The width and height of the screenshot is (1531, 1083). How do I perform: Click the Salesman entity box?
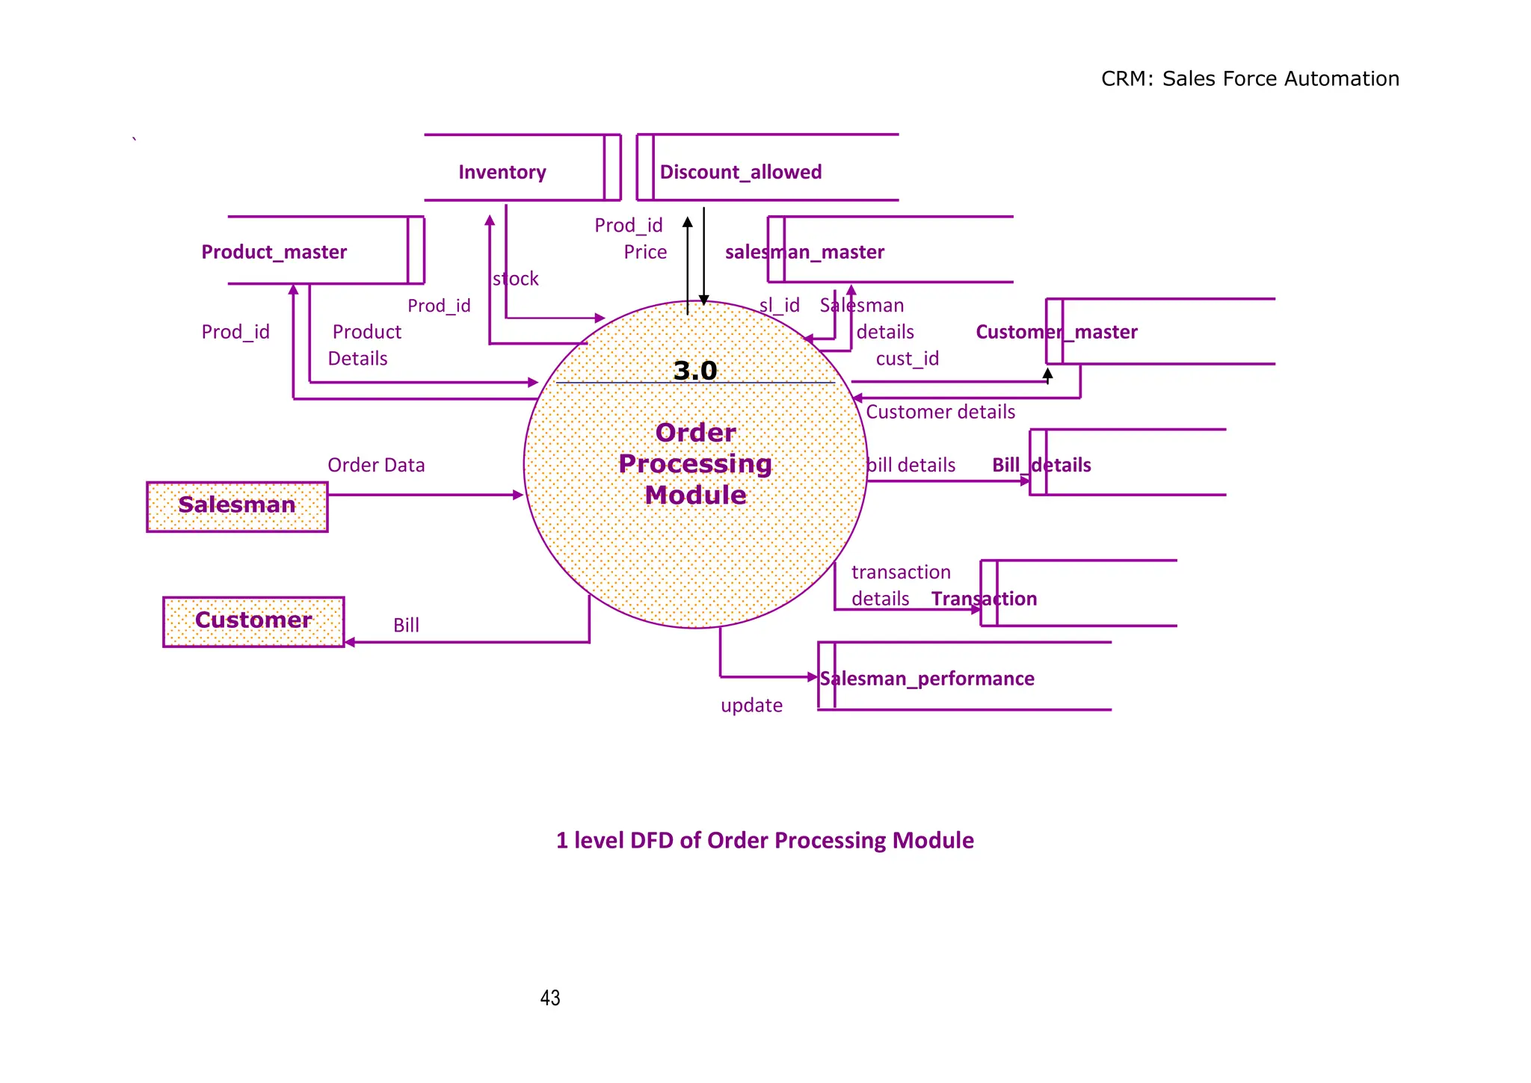click(x=237, y=506)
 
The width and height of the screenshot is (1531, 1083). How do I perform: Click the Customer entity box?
click(x=253, y=621)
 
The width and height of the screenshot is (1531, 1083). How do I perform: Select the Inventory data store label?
click(x=502, y=173)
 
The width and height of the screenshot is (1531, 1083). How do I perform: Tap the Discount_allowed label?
click(x=740, y=173)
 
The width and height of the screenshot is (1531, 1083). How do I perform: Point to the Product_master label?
click(x=274, y=252)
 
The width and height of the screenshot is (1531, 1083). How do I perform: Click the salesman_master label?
click(x=804, y=252)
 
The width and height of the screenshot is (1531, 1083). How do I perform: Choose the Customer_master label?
click(x=1056, y=332)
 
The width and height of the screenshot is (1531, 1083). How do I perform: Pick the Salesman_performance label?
click(x=927, y=679)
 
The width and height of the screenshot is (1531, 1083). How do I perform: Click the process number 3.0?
click(x=694, y=371)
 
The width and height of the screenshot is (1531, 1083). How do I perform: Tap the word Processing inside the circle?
click(x=695, y=464)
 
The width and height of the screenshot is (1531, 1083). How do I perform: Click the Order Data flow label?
click(x=376, y=465)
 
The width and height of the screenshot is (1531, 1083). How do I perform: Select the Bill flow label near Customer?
click(x=406, y=626)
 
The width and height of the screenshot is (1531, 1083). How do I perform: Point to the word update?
click(x=751, y=706)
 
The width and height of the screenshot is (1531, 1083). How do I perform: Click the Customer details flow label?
click(x=940, y=412)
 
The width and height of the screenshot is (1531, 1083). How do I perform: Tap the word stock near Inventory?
click(x=516, y=279)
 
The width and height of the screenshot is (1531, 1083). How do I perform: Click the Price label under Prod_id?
click(x=645, y=252)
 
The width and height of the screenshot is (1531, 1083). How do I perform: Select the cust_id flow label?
click(x=907, y=359)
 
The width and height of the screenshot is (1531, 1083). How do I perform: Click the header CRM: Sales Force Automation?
click(x=1250, y=78)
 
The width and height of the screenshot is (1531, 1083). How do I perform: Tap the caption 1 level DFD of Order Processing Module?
click(x=765, y=841)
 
